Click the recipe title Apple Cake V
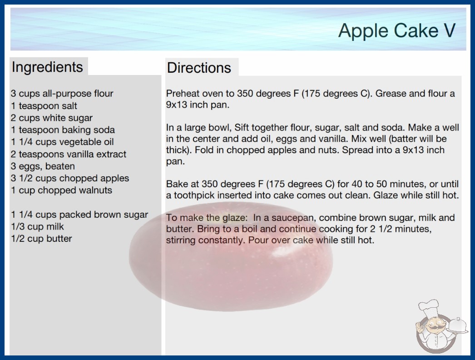pos(397,30)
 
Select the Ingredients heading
pos(47,67)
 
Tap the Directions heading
pos(199,68)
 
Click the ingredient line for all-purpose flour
pos(62,94)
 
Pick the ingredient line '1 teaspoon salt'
pos(44,105)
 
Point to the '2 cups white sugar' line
pos(52,118)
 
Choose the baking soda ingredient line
pos(63,130)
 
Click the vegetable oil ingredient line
pos(62,142)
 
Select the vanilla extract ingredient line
pos(69,154)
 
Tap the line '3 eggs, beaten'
pos(43,166)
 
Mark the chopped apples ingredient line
pos(70,178)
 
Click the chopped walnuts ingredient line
pos(62,190)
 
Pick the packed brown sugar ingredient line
pos(79,215)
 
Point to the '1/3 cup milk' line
pos(38,226)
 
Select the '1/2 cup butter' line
pos(41,239)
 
